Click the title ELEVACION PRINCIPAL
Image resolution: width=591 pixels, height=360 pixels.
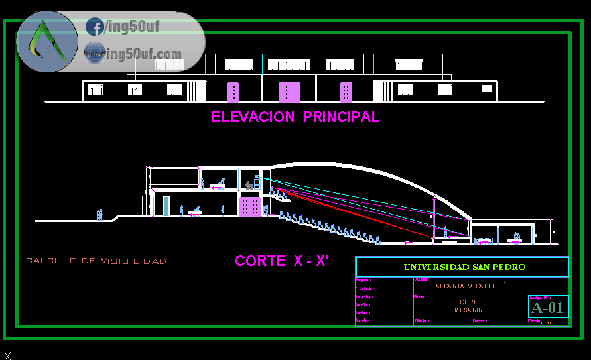(295, 117)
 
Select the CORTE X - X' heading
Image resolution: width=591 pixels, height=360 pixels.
(282, 261)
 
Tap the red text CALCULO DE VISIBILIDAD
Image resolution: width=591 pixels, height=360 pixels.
(96, 261)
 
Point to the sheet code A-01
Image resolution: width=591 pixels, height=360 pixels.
(547, 307)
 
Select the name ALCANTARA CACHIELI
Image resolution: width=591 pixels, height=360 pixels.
(470, 286)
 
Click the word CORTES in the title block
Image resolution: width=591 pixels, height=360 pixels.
(470, 302)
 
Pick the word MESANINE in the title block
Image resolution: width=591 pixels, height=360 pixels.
(470, 310)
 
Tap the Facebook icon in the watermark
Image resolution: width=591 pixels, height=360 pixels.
(94, 27)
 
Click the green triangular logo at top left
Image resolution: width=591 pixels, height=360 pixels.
(46, 42)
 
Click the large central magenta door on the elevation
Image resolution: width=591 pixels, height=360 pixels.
(289, 91)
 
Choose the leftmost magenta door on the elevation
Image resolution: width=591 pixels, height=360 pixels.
(233, 91)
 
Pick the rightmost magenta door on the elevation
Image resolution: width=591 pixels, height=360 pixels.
(346, 91)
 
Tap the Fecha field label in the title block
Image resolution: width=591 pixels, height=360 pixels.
(479, 321)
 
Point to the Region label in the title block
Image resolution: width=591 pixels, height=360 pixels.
(364, 280)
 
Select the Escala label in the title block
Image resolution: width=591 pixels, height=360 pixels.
(535, 321)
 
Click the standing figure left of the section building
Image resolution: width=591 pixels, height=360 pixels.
(99, 214)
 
